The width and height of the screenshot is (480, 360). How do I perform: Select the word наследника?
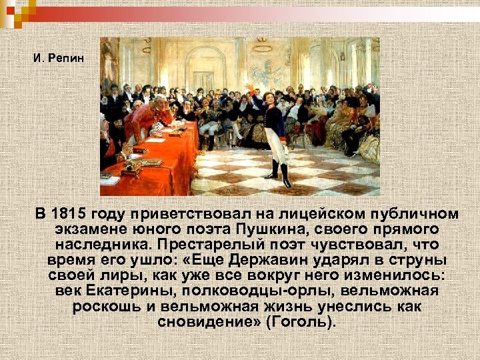pos(99,245)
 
